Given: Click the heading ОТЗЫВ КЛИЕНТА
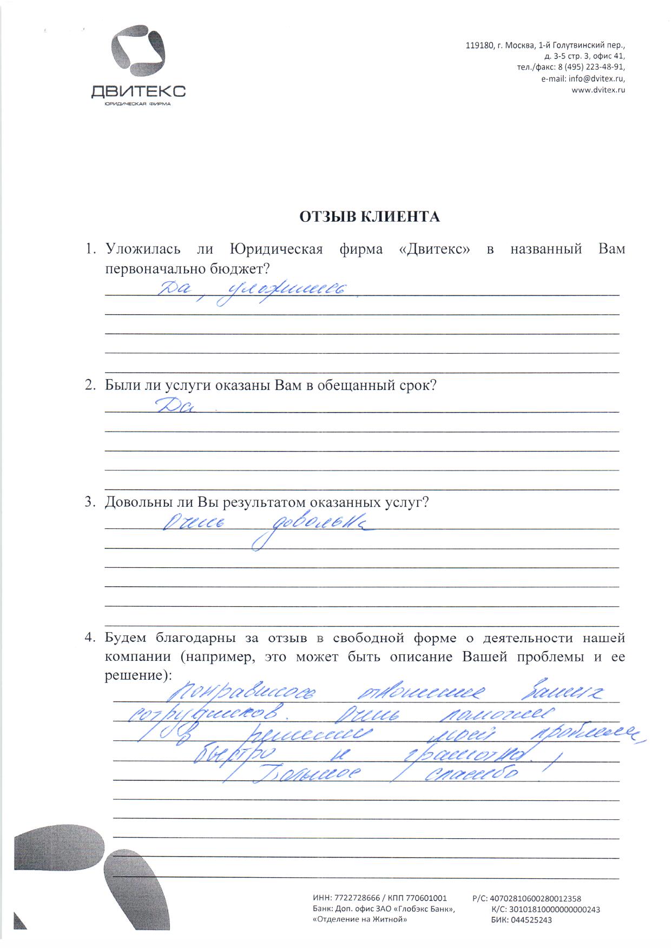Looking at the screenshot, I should coord(370,217).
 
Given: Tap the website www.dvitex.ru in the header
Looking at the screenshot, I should coord(598,90).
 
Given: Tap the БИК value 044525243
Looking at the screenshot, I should coord(531,920).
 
